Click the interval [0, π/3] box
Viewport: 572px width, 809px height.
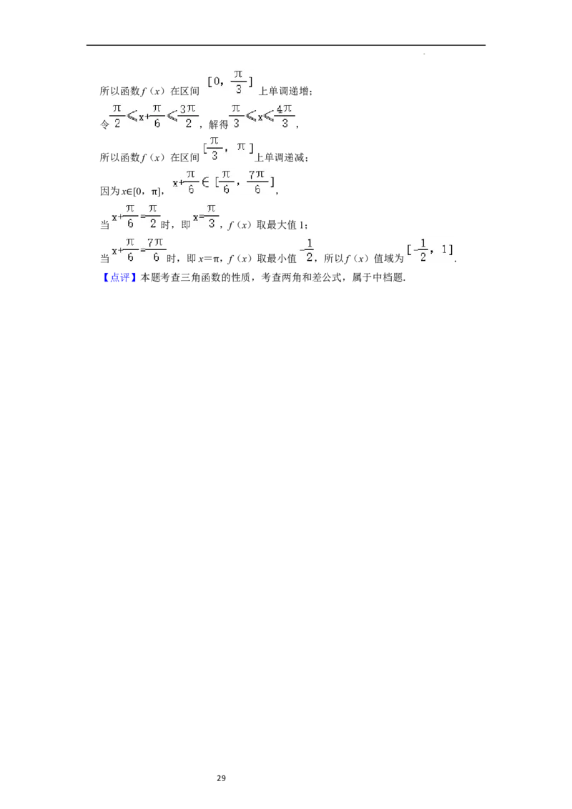point(229,82)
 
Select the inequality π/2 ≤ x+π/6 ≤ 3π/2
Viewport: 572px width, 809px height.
point(154,115)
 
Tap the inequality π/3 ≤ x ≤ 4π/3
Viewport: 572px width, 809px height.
point(260,115)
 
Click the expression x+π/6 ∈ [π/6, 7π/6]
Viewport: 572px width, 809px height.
point(223,182)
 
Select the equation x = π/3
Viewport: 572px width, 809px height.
point(206,216)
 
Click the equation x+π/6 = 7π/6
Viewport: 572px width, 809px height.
point(139,249)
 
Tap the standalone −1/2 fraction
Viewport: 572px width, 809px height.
point(306,249)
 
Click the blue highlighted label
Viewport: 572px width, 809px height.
point(119,277)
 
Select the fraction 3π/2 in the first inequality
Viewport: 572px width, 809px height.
point(187,115)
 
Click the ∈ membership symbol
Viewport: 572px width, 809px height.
point(205,182)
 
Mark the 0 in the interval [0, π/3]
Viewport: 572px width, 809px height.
point(216,82)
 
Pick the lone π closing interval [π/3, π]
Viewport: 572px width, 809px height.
point(242,147)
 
